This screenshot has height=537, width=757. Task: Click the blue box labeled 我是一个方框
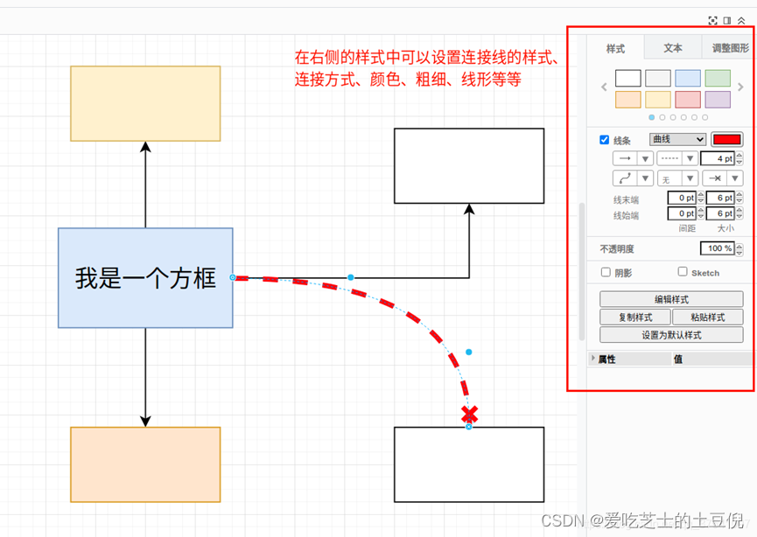coord(145,278)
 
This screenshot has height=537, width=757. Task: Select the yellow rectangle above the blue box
coord(145,103)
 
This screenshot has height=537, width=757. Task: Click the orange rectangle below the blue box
coord(145,464)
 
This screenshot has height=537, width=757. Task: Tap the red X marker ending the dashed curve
coord(469,414)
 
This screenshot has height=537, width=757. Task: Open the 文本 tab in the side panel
coord(673,48)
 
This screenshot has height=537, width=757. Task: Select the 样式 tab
coord(616,48)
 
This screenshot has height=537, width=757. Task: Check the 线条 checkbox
coord(605,140)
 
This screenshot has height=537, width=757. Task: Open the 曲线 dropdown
coord(677,139)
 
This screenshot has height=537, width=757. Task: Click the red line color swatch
coord(726,139)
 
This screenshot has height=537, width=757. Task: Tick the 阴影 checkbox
coord(606,272)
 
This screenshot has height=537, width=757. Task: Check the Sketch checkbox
coord(683,272)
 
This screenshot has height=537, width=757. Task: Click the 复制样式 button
coord(635,317)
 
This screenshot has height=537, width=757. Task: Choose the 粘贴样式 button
coord(708,317)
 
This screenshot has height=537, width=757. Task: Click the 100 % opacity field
coord(717,248)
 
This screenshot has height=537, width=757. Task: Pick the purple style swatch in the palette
coord(718,100)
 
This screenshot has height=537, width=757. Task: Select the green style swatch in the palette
coord(718,79)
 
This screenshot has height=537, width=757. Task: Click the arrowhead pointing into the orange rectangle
coord(145,421)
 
